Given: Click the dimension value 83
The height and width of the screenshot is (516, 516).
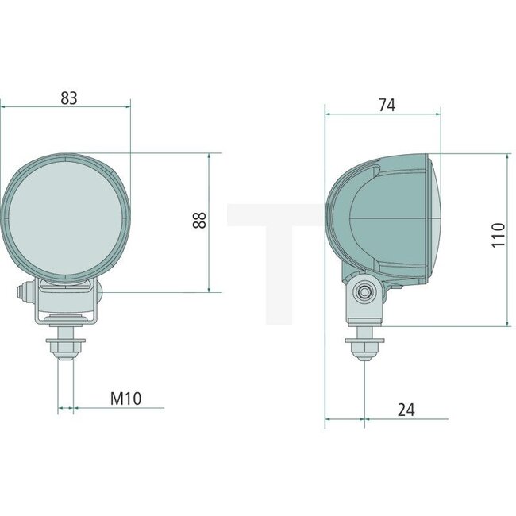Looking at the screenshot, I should pos(69,98).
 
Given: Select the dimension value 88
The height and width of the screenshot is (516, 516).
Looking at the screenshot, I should pos(199,221).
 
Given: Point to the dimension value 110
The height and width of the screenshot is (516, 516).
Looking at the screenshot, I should pos(498,236).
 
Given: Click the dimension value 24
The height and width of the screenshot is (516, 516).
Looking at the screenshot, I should pos(406,410).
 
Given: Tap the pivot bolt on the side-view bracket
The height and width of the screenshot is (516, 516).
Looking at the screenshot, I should pos(365,292).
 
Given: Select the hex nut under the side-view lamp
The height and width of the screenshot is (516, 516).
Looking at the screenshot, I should pos(364,347).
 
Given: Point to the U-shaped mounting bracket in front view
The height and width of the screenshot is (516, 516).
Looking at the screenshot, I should pos(65,306).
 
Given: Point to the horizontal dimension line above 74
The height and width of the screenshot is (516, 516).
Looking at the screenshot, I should pos(381,114).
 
